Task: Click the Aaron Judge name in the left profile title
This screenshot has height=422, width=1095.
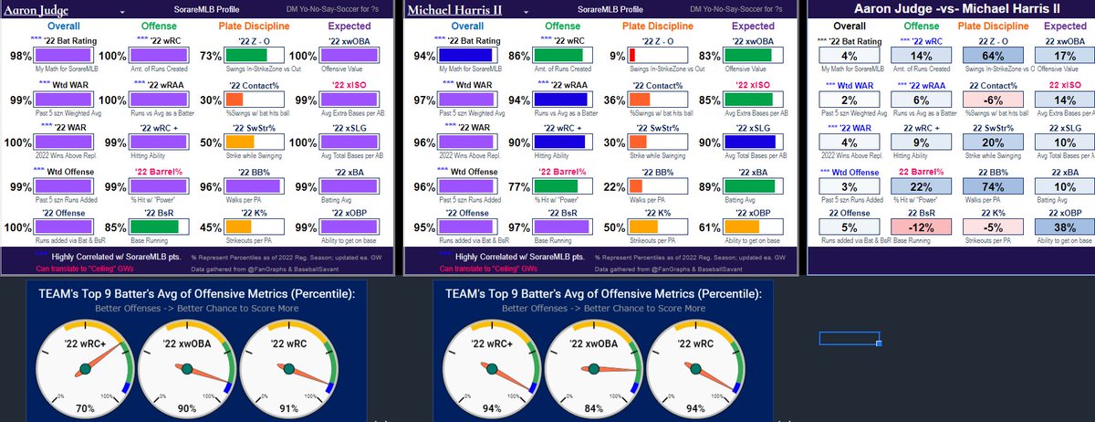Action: pos(30,10)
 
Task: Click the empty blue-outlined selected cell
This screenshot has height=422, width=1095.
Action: pos(850,339)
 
